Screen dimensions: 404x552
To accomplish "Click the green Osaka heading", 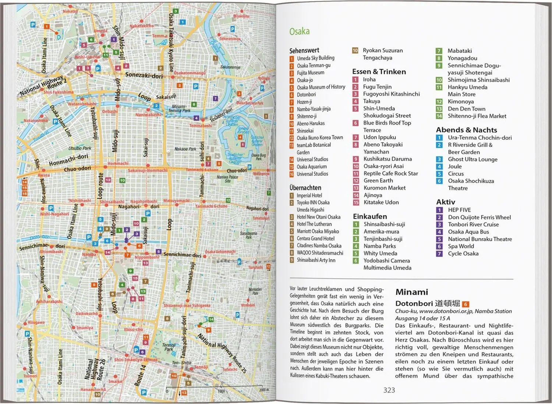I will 299,32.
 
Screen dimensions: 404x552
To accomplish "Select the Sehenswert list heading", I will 304,50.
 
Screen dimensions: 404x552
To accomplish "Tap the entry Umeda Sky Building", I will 315,58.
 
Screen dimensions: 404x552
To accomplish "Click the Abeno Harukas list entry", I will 311,124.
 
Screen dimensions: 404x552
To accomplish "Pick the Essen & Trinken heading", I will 379,72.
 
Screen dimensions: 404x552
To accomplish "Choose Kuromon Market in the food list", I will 384,188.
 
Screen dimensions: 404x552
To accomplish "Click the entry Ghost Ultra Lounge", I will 472,159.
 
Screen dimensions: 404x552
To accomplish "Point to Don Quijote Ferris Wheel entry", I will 479,217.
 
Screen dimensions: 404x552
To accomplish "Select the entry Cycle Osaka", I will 463,253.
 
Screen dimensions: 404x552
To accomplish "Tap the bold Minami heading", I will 411,292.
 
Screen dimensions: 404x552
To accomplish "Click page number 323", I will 389,390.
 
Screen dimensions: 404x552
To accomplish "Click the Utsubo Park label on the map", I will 79,148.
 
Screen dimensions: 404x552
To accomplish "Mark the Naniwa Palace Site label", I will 227,179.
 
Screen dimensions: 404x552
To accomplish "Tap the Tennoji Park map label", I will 169,347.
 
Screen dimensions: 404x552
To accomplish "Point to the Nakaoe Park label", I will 185,149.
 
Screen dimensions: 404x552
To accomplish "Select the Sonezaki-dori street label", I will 144,75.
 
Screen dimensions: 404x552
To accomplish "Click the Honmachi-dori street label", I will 68,160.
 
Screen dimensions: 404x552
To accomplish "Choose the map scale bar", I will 217,389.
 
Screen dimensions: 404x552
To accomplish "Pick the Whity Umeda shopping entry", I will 380,253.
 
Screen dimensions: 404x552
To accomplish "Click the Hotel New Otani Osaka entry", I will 318,217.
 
